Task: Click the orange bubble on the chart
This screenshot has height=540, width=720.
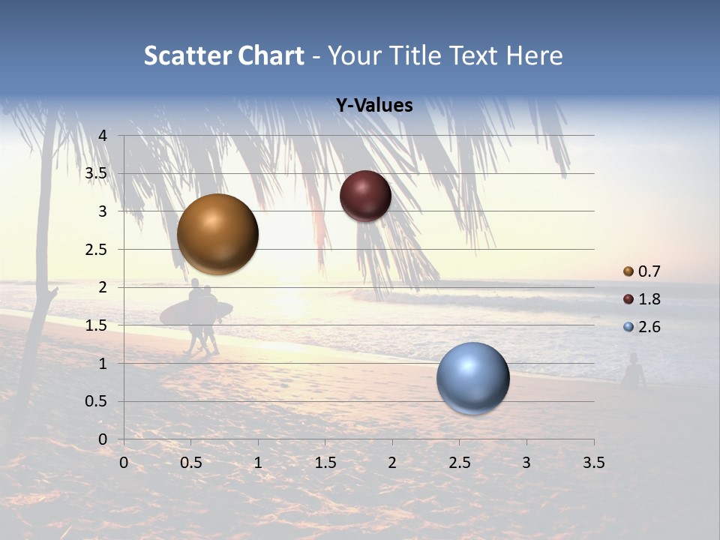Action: pyautogui.click(x=217, y=234)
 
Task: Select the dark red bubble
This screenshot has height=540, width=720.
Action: pyautogui.click(x=365, y=196)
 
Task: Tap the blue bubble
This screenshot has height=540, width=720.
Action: pyautogui.click(x=472, y=378)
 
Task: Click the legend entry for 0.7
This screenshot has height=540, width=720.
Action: pyautogui.click(x=642, y=271)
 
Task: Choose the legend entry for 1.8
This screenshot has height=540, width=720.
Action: pyautogui.click(x=642, y=299)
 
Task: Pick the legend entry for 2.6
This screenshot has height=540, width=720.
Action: pyautogui.click(x=642, y=327)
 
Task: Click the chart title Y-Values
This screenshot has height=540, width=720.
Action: pyautogui.click(x=373, y=106)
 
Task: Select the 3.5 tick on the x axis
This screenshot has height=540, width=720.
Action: pyautogui.click(x=593, y=463)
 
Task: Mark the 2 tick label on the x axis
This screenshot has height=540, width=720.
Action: pyautogui.click(x=392, y=463)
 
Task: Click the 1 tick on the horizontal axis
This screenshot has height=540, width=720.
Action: pyautogui.click(x=258, y=463)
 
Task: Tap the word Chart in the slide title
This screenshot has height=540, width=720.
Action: pyautogui.click(x=271, y=55)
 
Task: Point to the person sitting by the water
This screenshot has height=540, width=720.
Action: pyautogui.click(x=634, y=372)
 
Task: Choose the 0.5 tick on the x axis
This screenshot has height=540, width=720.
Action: pyautogui.click(x=190, y=463)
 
